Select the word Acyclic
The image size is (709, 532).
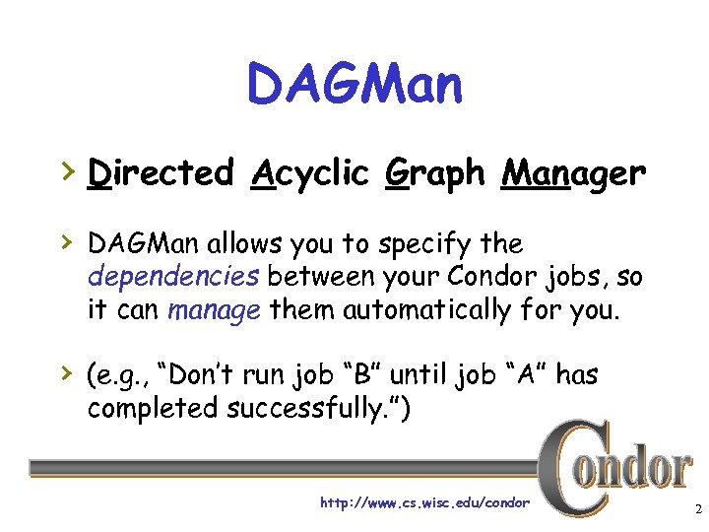[306, 174]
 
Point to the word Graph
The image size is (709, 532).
[434, 174]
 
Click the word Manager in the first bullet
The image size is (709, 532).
[573, 174]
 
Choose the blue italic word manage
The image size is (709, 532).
[215, 311]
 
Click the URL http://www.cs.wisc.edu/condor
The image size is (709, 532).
[424, 503]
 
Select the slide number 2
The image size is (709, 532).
[696, 510]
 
